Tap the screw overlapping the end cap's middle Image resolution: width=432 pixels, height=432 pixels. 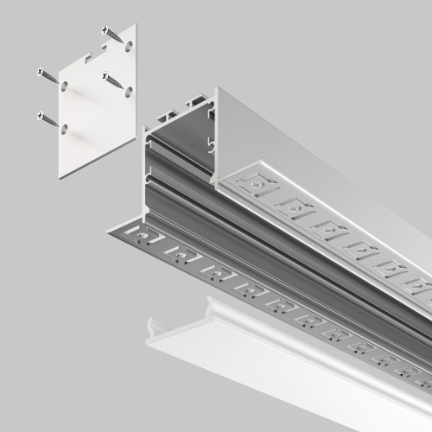[111, 81]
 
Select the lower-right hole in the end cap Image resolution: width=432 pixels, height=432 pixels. [128, 89]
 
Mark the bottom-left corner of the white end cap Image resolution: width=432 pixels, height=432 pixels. [60, 176]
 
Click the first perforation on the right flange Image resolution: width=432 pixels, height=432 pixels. [256, 182]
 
